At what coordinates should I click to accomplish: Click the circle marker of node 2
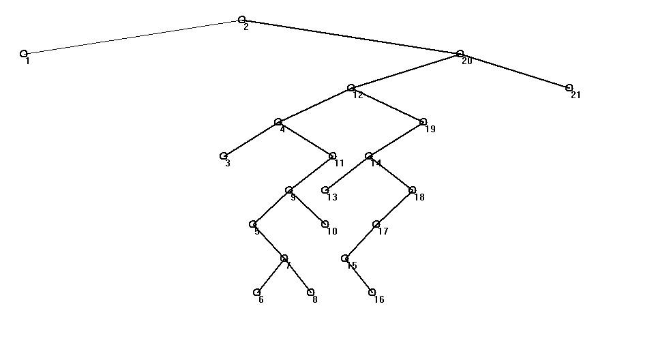242,20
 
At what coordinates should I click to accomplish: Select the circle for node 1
24,53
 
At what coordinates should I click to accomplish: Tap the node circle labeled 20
460,53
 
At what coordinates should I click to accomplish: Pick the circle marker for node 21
569,87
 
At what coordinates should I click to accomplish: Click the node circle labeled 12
351,87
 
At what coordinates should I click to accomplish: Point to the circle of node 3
224,155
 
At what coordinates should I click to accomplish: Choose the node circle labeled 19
423,121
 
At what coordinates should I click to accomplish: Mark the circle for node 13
325,190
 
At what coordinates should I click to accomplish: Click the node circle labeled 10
325,224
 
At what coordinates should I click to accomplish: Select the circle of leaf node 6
257,292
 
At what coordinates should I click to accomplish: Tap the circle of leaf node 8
311,292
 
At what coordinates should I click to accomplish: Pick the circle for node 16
372,292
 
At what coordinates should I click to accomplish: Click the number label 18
419,198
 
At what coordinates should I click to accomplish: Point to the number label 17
383,232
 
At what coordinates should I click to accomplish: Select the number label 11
339,164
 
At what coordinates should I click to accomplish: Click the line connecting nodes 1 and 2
133,37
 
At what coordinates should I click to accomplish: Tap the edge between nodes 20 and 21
515,70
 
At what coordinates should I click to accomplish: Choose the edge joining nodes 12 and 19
387,104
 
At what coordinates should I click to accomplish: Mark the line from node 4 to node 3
251,138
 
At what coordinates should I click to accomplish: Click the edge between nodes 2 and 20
351,37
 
